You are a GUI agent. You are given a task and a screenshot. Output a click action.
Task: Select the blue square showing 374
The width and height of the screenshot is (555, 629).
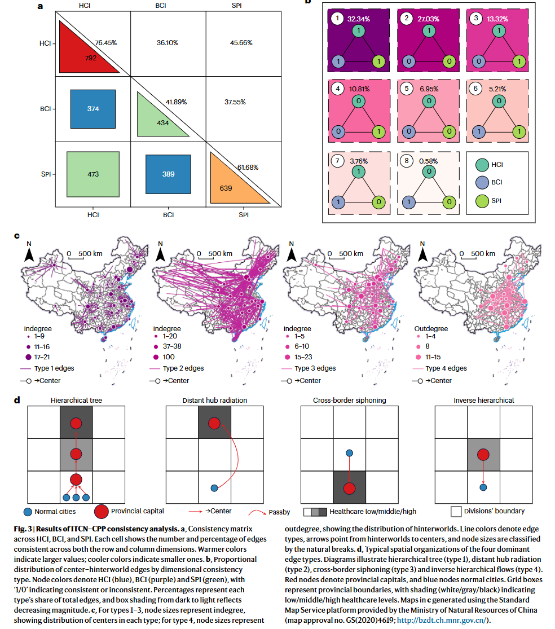click(93, 109)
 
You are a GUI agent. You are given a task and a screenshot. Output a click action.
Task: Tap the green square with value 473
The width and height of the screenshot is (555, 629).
click(93, 174)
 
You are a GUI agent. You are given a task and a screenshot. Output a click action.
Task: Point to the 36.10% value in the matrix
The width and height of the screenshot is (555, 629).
click(168, 42)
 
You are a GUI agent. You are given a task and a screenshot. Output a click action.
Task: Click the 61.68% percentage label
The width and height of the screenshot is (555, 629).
click(248, 168)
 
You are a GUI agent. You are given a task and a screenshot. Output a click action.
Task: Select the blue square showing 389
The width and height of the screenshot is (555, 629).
click(169, 174)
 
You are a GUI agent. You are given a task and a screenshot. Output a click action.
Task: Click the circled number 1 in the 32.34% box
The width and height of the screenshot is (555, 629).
click(337, 18)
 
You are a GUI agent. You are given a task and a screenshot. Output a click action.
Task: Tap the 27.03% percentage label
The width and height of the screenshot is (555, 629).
click(428, 19)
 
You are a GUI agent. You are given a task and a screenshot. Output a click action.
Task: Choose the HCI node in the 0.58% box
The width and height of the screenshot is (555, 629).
click(429, 171)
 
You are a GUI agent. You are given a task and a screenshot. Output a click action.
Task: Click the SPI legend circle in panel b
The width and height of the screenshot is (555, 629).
click(482, 201)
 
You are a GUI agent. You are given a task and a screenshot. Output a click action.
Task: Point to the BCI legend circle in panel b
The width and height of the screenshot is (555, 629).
click(482, 183)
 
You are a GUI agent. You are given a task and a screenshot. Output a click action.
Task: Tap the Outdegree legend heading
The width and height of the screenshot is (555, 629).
click(431, 328)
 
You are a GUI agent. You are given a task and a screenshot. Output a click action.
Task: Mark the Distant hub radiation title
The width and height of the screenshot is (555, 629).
click(215, 401)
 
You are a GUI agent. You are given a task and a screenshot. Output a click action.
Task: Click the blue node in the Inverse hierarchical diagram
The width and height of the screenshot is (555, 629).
click(483, 487)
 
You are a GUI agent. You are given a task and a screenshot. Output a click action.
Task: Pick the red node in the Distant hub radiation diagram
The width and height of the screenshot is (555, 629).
click(214, 423)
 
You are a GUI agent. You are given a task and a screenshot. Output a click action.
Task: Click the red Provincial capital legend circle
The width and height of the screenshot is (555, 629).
click(102, 512)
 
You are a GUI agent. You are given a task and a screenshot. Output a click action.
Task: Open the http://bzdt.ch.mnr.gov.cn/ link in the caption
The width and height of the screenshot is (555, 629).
click(442, 620)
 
